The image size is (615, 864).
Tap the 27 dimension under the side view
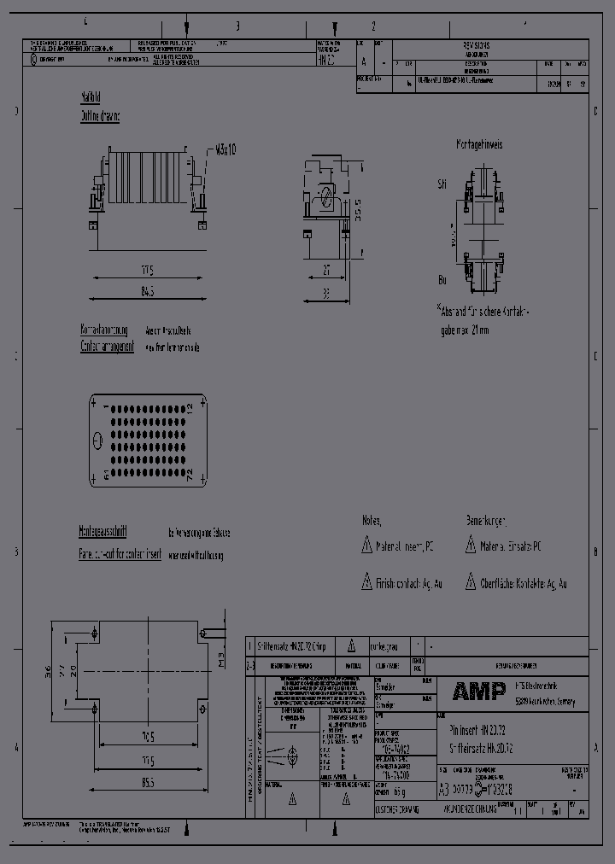[x=326, y=271]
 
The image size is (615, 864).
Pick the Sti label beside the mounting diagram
[x=442, y=184]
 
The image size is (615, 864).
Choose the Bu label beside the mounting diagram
[x=442, y=279]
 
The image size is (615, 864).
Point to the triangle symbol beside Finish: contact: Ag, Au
[x=366, y=584]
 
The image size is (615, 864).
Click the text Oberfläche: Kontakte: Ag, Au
[x=522, y=584]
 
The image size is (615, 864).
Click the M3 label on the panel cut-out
[x=220, y=658]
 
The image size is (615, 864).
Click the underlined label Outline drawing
[x=100, y=116]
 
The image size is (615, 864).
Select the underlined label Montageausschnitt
[x=103, y=531]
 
